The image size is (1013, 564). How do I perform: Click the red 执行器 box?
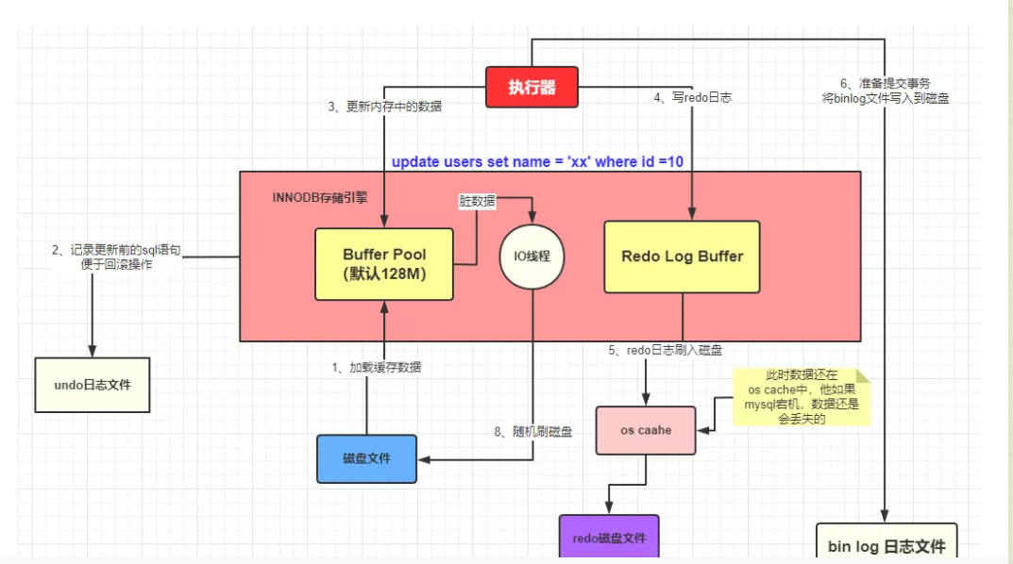click(x=532, y=88)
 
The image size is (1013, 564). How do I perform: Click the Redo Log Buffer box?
click(x=682, y=257)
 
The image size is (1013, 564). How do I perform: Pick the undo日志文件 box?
click(x=92, y=385)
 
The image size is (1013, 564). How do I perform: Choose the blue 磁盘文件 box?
click(x=366, y=458)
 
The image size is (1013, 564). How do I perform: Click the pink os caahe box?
click(x=646, y=430)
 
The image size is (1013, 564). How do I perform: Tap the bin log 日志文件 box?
click(x=886, y=544)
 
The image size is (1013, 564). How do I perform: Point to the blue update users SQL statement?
click(x=537, y=161)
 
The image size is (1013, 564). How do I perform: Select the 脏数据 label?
click(x=478, y=201)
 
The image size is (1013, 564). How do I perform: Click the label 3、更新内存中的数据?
click(x=385, y=107)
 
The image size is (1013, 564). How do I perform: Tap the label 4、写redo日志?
click(x=693, y=96)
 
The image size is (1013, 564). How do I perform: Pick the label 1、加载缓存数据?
click(x=378, y=367)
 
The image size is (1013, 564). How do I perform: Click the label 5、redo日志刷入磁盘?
click(x=666, y=350)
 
